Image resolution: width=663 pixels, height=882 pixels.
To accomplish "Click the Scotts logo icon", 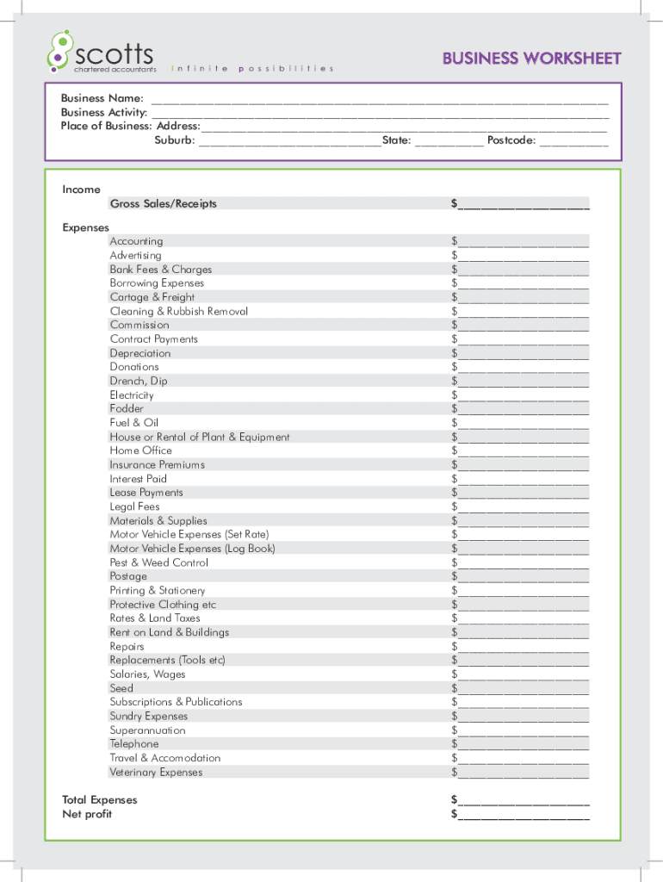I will (x=58, y=50).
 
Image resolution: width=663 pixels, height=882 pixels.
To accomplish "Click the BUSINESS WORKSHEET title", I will (x=531, y=59).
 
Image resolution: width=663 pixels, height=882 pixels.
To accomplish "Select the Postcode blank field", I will (x=573, y=140).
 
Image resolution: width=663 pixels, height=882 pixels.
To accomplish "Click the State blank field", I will (x=449, y=140).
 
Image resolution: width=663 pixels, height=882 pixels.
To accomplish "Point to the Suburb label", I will (x=174, y=140).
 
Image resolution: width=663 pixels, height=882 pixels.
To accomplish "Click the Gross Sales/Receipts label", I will (x=163, y=204).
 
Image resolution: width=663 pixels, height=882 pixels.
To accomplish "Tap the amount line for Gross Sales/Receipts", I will (x=524, y=205).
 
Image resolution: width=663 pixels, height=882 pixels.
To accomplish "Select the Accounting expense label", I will (x=136, y=241).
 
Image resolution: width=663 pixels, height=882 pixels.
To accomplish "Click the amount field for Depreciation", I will (x=524, y=353).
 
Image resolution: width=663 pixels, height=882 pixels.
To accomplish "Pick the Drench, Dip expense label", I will (x=139, y=381).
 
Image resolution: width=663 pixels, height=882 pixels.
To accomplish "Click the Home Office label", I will (x=140, y=450).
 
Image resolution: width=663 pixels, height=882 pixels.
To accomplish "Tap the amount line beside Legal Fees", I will (x=524, y=507).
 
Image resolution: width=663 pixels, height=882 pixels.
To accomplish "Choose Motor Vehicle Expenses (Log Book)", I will (x=192, y=549).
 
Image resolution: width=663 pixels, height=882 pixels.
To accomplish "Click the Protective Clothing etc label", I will (x=163, y=605).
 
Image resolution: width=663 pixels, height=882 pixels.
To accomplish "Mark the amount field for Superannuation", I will (x=524, y=730).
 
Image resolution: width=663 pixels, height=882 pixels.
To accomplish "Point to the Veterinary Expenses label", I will (x=156, y=772).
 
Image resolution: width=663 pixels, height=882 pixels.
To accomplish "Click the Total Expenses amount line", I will (x=524, y=801).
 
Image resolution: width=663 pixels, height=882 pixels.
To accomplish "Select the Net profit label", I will (x=87, y=814).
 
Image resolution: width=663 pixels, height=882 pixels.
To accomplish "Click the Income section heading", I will (x=81, y=189).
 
